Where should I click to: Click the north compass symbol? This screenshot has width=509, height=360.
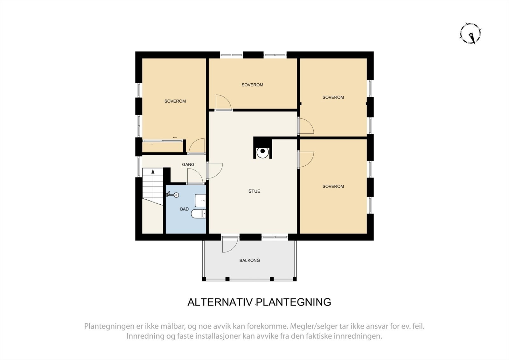[x=470, y=33]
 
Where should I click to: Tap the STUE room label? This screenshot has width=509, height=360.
[x=254, y=191]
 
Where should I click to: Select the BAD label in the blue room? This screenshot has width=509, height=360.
[x=184, y=209]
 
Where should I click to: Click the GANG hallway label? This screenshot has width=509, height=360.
[x=188, y=164]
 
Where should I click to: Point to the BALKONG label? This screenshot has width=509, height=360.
[x=249, y=260]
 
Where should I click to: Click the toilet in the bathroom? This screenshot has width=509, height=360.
[x=199, y=214]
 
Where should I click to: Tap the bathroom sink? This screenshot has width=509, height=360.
[x=200, y=200]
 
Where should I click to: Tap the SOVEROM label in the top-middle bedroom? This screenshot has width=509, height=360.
[x=252, y=85]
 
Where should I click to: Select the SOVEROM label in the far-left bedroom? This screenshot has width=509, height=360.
[x=175, y=101]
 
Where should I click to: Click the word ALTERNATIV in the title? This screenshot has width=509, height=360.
[x=220, y=302]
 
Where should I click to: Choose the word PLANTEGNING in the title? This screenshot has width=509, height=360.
[x=294, y=302]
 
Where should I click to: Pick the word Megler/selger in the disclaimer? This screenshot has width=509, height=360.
[x=308, y=326]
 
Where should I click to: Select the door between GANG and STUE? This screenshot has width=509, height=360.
[x=214, y=170]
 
